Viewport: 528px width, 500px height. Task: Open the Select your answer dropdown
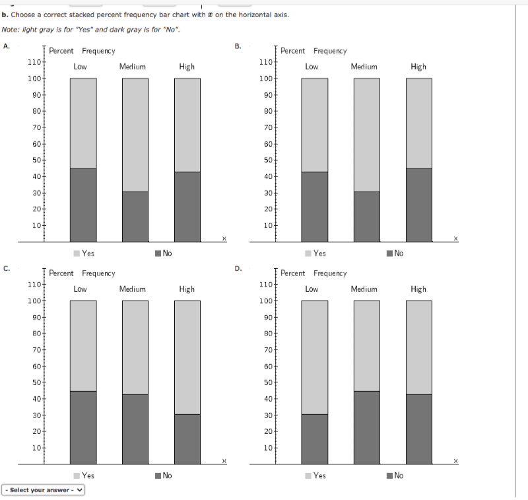pos(44,490)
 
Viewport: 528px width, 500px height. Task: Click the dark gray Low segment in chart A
pos(83,205)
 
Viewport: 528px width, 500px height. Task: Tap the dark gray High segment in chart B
pos(419,205)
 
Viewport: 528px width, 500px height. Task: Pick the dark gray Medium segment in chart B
pos(367,217)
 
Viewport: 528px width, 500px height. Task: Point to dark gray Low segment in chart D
pos(315,439)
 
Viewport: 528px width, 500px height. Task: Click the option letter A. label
pos(7,46)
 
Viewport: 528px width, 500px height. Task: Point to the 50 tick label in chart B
pos(266,160)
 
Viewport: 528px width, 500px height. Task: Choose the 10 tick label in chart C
pos(36,448)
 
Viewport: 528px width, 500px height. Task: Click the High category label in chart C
pos(187,289)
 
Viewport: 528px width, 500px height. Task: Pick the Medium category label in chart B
pos(364,67)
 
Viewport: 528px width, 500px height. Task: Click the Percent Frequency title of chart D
pos(313,273)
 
